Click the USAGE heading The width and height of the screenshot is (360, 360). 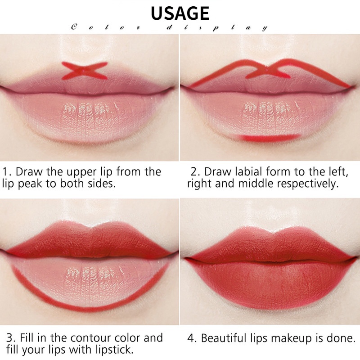180,13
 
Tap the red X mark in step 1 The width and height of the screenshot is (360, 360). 85,71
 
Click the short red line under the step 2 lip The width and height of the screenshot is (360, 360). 269,138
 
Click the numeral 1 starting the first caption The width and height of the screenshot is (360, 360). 4,172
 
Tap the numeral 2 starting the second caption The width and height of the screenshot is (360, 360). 194,172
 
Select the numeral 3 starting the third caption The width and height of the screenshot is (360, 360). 10,338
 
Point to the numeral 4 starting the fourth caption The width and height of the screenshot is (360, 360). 191,338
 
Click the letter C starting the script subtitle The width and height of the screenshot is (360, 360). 74,27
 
